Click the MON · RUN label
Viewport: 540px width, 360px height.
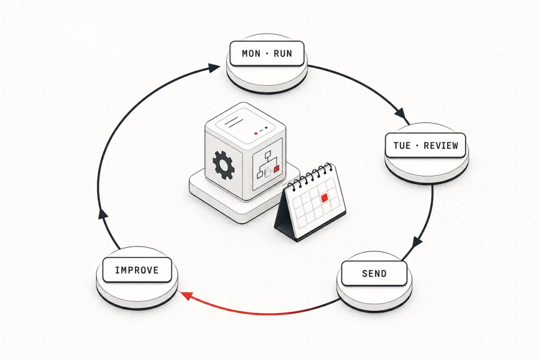(x=267, y=53)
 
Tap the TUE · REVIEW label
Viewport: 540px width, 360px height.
(x=425, y=145)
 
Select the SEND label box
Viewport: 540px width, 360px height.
(x=374, y=274)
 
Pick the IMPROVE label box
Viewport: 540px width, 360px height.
(x=137, y=270)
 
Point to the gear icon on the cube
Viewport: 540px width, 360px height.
(x=224, y=165)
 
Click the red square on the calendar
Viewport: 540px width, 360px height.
(x=324, y=198)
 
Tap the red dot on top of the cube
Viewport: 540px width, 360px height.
(x=256, y=133)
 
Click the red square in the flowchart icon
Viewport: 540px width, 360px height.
(x=276, y=169)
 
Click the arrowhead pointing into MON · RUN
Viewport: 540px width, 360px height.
(x=214, y=68)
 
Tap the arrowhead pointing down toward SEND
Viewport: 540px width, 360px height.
(x=417, y=241)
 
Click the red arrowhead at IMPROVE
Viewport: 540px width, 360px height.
(x=186, y=295)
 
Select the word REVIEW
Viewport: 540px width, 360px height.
(x=441, y=145)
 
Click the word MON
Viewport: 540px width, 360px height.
(x=251, y=53)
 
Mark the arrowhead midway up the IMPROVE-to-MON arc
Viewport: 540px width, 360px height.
(x=103, y=214)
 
